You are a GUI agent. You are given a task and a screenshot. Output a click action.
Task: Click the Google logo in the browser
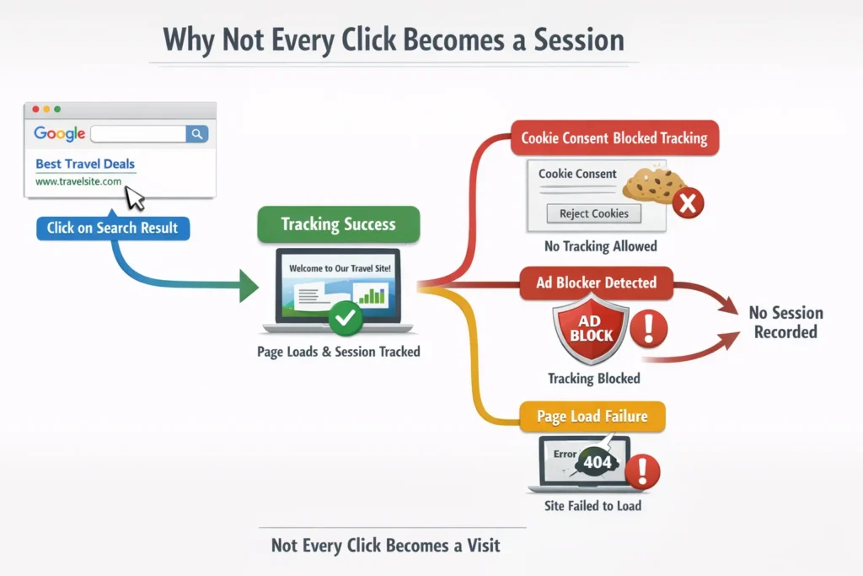(x=60, y=133)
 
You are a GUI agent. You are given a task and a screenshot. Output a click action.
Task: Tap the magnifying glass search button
(x=197, y=133)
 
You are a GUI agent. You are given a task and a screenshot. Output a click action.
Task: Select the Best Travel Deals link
(x=85, y=164)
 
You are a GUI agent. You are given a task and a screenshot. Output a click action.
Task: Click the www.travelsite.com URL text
(x=78, y=181)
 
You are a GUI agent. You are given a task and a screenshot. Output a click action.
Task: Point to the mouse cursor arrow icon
(x=135, y=198)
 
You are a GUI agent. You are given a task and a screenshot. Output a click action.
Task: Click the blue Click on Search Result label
(x=113, y=228)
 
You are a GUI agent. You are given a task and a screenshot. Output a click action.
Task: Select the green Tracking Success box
(x=338, y=224)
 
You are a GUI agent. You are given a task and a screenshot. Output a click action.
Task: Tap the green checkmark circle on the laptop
(x=344, y=318)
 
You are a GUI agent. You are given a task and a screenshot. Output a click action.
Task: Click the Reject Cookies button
(x=594, y=213)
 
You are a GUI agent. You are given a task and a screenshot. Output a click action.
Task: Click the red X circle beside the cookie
(x=689, y=203)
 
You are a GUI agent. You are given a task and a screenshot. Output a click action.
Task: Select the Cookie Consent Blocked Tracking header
(x=614, y=137)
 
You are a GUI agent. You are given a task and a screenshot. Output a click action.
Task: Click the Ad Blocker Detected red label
(x=597, y=283)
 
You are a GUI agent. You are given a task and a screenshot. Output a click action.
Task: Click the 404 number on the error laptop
(x=598, y=462)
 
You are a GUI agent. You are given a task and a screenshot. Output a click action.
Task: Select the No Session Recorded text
(x=785, y=322)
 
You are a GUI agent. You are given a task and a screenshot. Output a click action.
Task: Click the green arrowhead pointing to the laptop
(x=249, y=285)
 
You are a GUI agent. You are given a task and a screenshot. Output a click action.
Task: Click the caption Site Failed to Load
(x=593, y=506)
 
